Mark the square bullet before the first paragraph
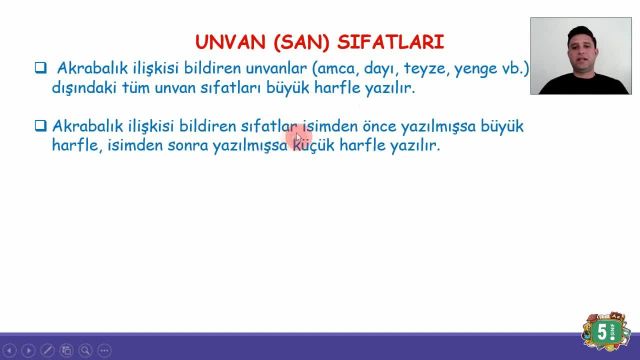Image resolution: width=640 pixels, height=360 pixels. coord(41,68)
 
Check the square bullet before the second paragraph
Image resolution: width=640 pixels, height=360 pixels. coord(41,127)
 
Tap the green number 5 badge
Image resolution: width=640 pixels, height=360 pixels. coord(604,331)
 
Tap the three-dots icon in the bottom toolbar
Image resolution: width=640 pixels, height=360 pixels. coord(104,351)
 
